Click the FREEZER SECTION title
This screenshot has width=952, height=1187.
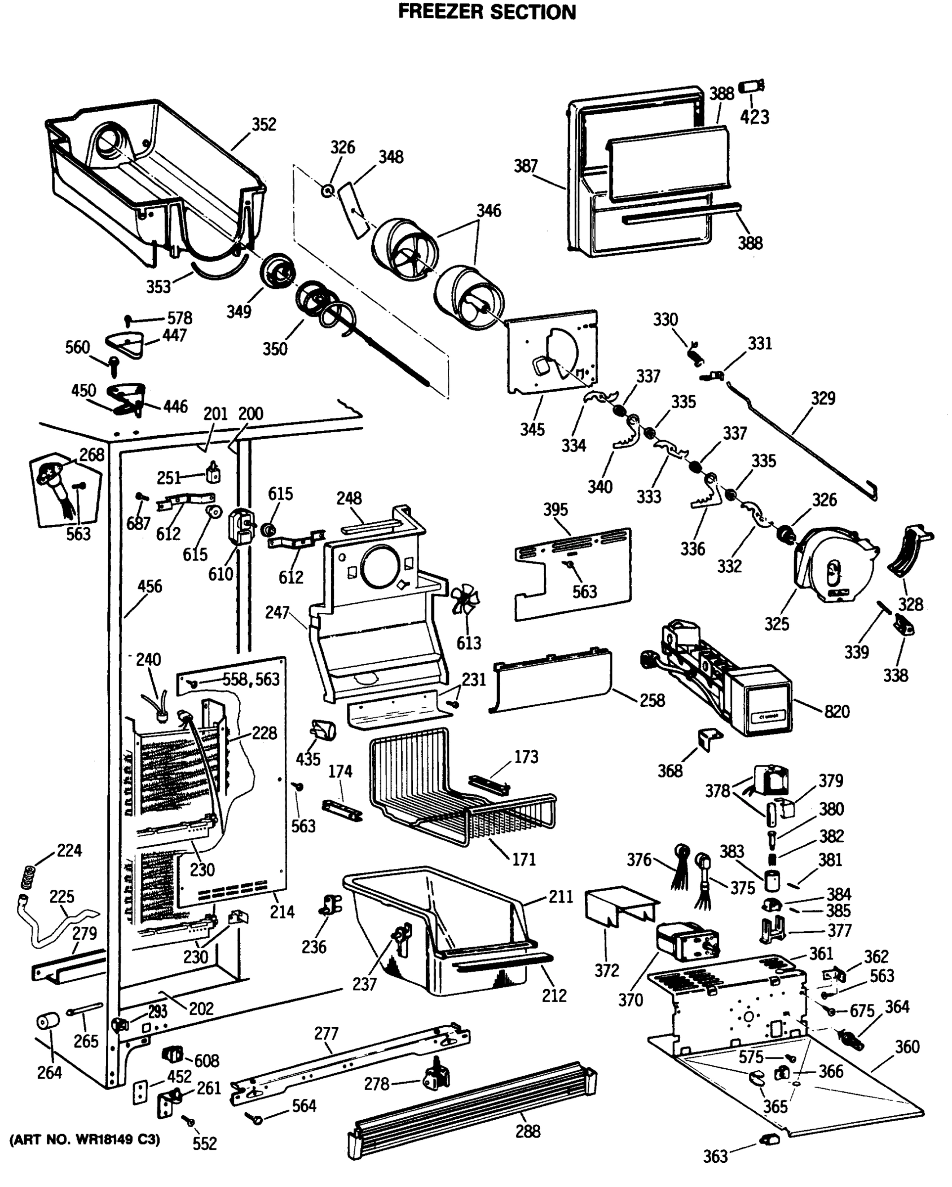[486, 11]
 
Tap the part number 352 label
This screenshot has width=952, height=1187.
[263, 125]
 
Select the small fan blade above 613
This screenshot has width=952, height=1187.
[465, 599]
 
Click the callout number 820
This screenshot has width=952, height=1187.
[836, 712]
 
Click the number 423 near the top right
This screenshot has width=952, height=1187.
[754, 117]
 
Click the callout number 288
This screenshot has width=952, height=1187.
[528, 1132]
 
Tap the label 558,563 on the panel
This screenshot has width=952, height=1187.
[251, 680]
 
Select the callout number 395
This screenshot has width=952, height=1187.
[555, 509]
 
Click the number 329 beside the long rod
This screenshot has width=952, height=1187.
[822, 398]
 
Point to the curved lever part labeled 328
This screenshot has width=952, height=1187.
[908, 552]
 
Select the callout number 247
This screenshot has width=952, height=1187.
[277, 612]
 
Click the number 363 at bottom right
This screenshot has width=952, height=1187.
[715, 1157]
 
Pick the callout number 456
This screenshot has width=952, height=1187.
[150, 587]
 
